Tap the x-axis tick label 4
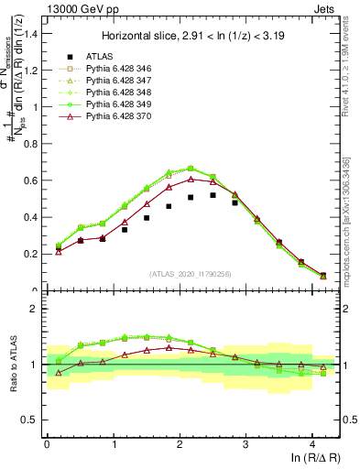[312, 443]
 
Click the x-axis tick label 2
[180, 443]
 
